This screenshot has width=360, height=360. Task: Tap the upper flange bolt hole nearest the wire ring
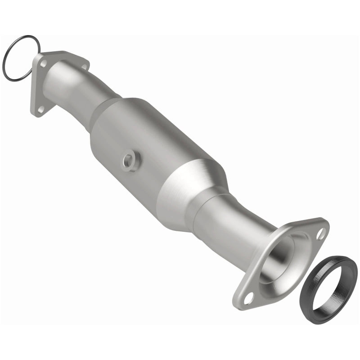pyautogui.click(x=43, y=64)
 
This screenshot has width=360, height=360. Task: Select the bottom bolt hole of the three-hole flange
pyautogui.click(x=38, y=108)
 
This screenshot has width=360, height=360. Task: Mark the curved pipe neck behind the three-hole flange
pyautogui.click(x=72, y=81)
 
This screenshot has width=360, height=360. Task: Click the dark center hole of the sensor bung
pyautogui.click(x=130, y=160)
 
